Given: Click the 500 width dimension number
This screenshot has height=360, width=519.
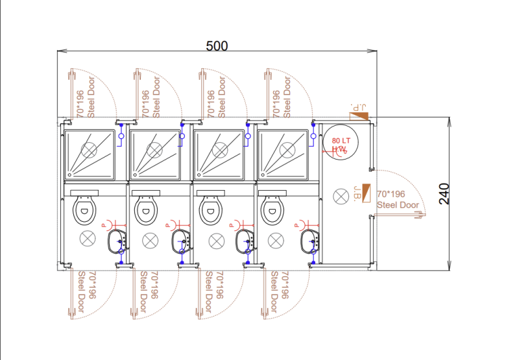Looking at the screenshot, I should (x=217, y=46).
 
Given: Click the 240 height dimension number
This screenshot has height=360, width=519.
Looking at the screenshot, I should (x=444, y=193).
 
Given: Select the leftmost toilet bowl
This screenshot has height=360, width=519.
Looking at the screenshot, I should (x=84, y=209).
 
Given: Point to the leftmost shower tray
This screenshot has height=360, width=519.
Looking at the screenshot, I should (x=89, y=153).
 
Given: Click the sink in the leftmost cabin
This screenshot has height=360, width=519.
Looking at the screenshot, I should (x=117, y=241).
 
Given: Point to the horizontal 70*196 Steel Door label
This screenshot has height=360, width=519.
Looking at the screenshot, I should (x=398, y=199).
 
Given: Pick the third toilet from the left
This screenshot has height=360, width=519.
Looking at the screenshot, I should (x=210, y=209).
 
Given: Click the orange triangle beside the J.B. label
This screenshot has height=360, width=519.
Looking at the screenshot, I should (x=367, y=193).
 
